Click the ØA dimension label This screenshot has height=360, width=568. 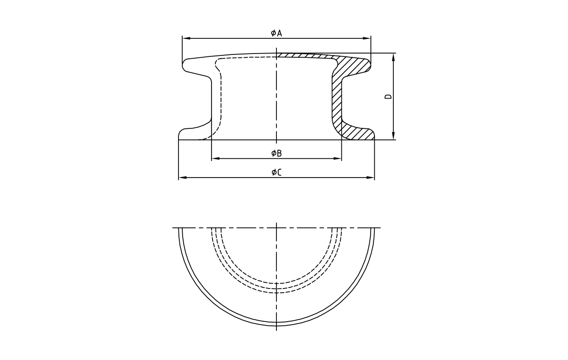tap(276, 33)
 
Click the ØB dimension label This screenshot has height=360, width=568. tap(276, 153)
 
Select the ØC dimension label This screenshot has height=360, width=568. tap(276, 172)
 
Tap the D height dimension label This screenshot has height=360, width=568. tap(388, 97)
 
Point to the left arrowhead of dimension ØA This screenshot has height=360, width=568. tap(185, 38)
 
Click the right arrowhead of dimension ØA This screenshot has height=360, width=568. tap(368, 38)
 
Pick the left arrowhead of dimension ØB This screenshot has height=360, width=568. tap(214, 158)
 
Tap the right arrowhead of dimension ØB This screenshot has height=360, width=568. tap(338, 158)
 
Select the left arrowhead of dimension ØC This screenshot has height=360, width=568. tap(181, 178)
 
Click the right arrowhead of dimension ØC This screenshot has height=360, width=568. tap(372, 178)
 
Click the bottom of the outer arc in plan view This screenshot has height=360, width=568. tap(276, 324)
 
